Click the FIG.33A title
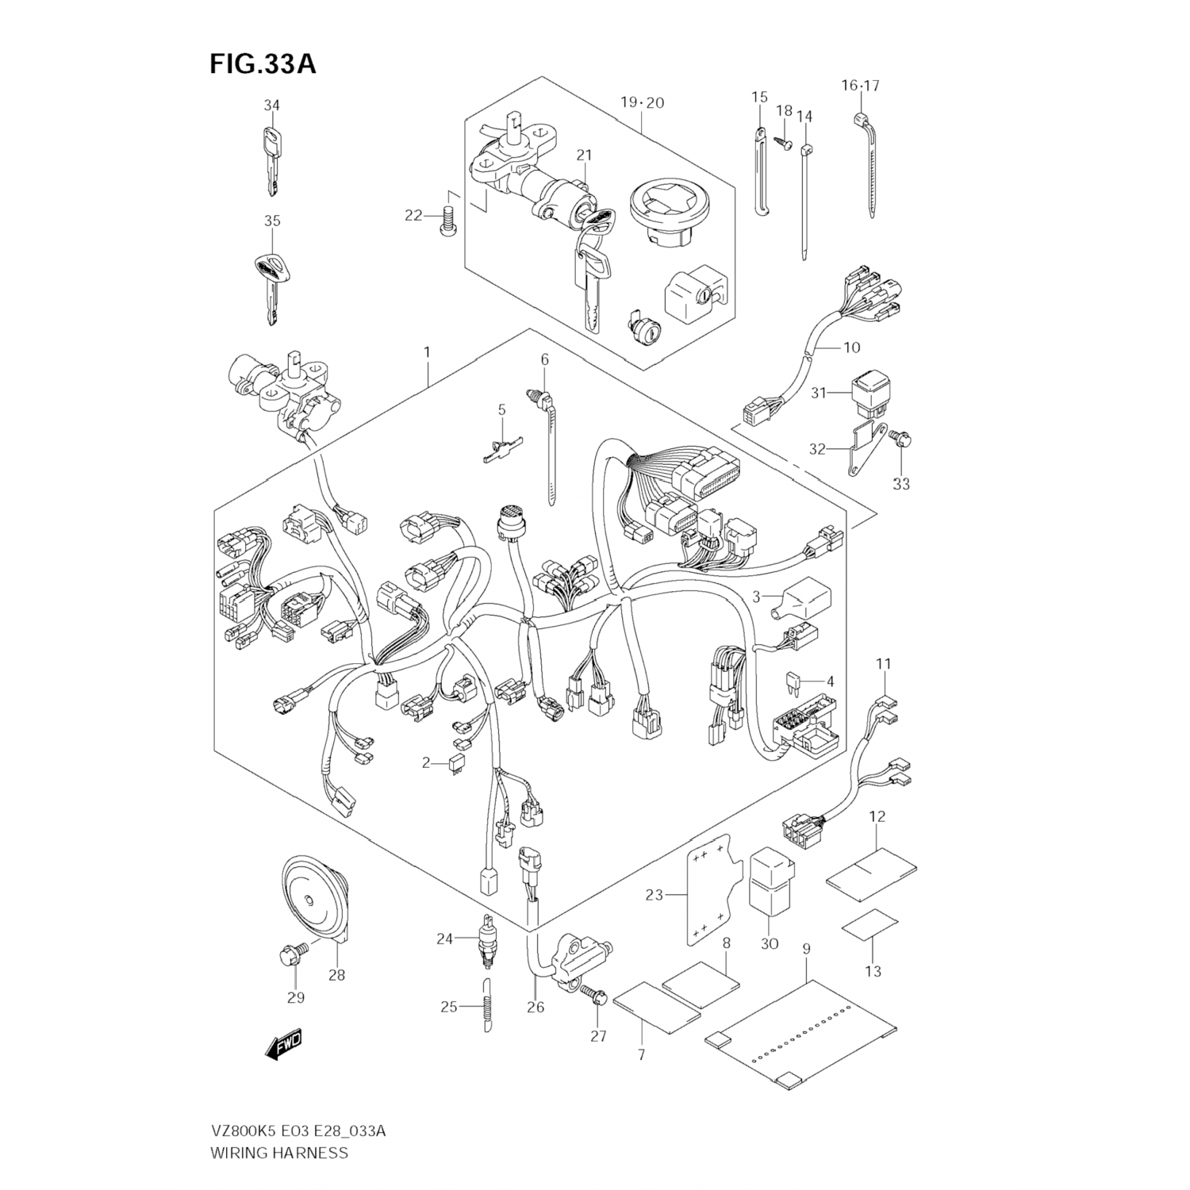263,63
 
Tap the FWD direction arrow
284,1046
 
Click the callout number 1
426,351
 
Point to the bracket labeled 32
862,450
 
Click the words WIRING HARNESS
278,1153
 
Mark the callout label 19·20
642,102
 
